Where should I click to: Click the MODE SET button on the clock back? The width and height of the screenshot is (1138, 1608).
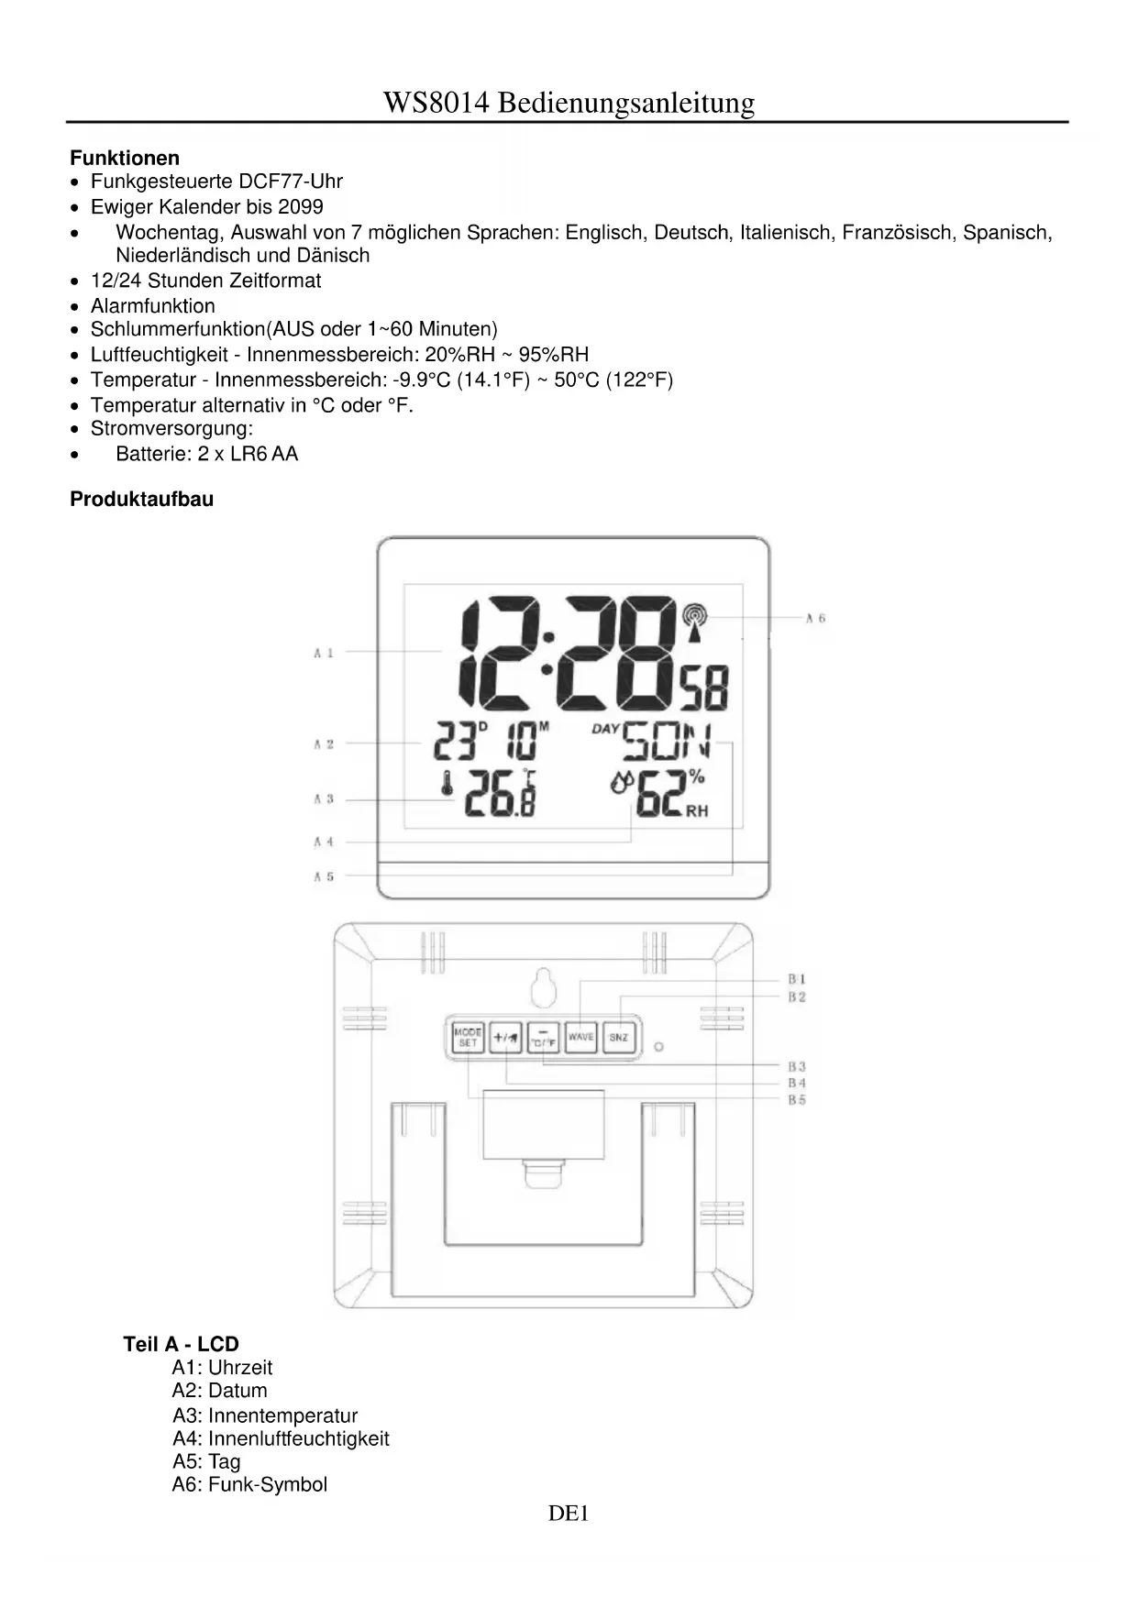coord(468,1038)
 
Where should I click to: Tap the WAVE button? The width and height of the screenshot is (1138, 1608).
coord(580,1038)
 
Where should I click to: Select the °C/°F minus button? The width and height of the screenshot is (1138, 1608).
coord(543,1038)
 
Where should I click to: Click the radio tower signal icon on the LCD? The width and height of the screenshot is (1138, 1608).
coord(696,616)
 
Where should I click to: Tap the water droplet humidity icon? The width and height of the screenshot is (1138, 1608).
coord(622,783)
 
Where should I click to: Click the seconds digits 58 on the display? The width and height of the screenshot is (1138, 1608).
coord(704,688)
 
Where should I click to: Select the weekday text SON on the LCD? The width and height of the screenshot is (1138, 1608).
coord(666,742)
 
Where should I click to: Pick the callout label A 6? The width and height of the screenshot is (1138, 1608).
coord(815,619)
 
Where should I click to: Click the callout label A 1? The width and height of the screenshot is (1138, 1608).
coord(324,653)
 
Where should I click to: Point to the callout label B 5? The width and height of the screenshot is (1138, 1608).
coord(797,1100)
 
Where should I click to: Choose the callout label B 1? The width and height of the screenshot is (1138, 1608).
coord(797,980)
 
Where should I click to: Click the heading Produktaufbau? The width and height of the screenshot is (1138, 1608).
coord(141,500)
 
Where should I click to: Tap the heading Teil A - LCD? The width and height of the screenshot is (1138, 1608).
coord(181,1344)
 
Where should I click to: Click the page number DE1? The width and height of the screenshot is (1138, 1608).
coord(568,1514)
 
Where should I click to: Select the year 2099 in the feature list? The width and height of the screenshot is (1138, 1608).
coord(301,207)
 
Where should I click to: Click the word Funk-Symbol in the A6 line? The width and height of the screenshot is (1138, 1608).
coord(267,1484)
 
